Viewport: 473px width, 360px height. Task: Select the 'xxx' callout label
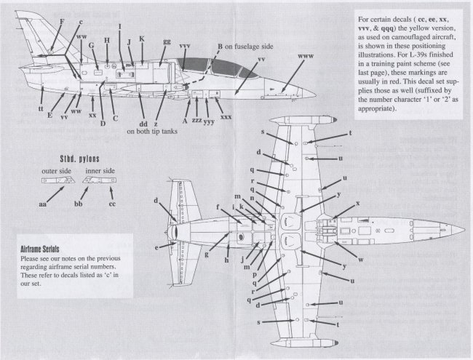click(226, 117)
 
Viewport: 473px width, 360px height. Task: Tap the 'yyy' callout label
click(208, 121)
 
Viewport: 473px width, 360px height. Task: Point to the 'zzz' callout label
click(194, 120)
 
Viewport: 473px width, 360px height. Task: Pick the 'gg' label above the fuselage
click(167, 43)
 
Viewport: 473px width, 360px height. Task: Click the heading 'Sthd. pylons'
click(80, 159)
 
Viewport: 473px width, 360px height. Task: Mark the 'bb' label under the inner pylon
click(78, 207)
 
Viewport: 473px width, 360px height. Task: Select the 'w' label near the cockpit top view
click(360, 260)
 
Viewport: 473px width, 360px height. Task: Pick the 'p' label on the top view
click(253, 275)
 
